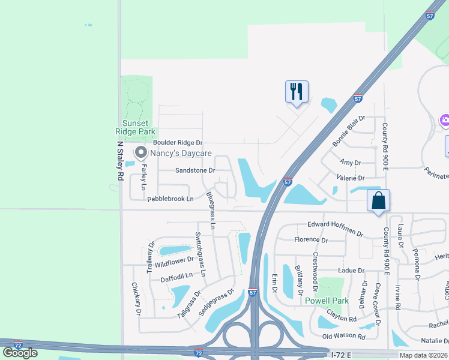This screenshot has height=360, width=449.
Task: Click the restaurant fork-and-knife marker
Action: (297, 92)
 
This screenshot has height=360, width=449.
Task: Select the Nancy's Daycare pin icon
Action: (141, 153)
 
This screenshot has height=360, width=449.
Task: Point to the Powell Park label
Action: (327, 301)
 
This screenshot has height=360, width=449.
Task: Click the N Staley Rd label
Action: (120, 160)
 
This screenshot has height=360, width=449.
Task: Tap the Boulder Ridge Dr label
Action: (178, 143)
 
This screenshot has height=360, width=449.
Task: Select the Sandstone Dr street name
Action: (194, 170)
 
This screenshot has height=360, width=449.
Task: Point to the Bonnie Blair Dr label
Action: (349, 132)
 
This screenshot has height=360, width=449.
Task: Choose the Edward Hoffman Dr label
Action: (336, 229)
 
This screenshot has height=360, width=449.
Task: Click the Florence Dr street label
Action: (311, 240)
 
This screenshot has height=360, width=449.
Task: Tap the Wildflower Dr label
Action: (174, 261)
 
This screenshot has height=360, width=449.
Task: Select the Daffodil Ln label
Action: (176, 277)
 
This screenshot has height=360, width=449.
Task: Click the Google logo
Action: (20, 352)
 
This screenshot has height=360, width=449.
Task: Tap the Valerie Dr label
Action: (352, 178)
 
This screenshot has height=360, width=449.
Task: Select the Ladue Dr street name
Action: (352, 271)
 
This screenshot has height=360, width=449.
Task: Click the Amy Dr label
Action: (350, 163)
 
